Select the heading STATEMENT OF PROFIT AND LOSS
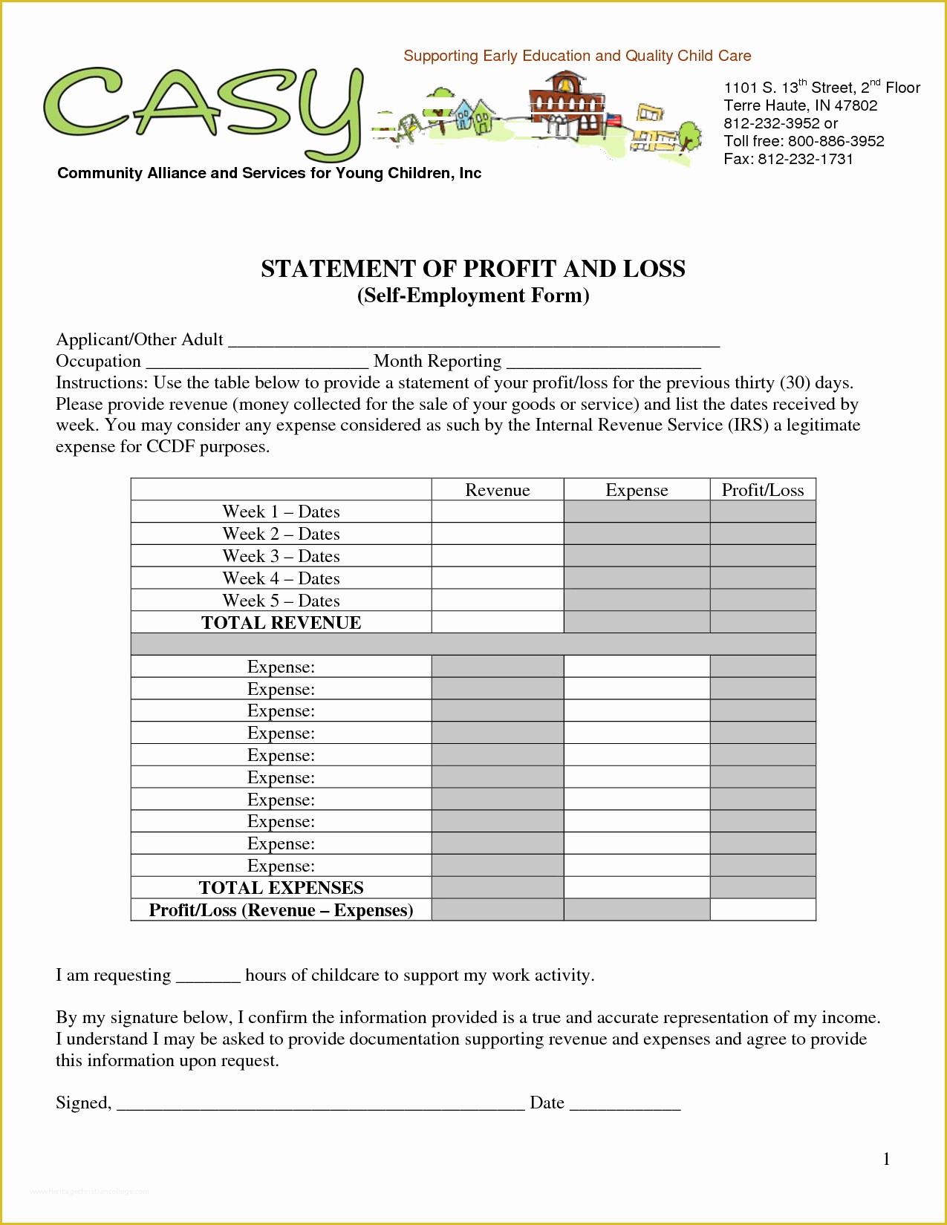472,269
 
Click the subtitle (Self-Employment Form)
472,295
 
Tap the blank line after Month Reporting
603,363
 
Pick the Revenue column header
497,490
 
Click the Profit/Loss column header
762,490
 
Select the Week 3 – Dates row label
281,556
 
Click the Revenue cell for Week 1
497,512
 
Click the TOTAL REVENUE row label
281,623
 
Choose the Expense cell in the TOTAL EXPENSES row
637,888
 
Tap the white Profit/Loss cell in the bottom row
762,910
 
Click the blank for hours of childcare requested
208,977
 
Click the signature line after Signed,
321,1104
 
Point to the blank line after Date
625,1104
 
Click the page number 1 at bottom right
886,1160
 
